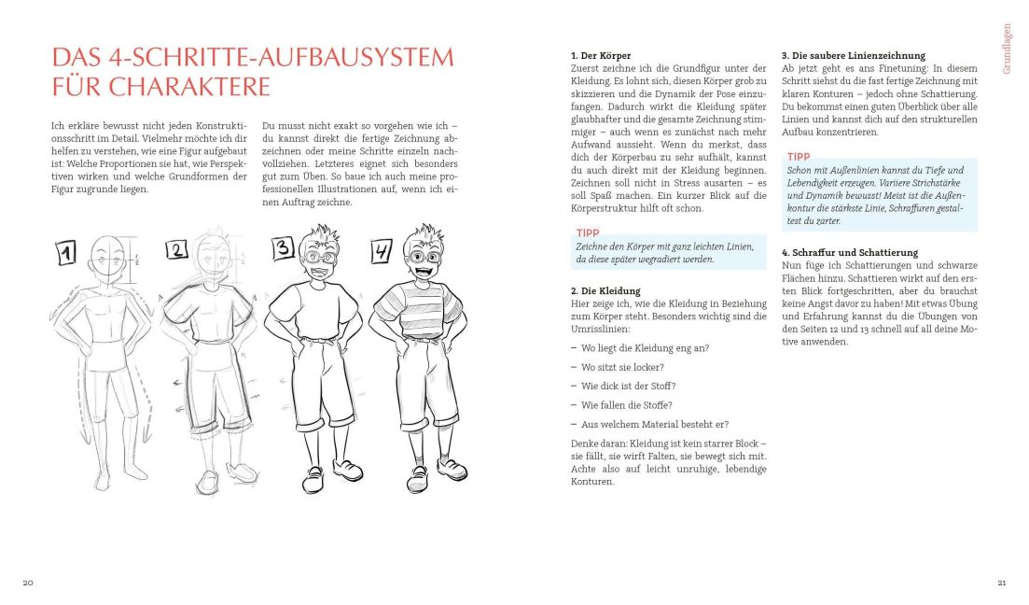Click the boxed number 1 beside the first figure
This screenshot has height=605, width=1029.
68,252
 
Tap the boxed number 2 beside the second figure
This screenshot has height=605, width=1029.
177,249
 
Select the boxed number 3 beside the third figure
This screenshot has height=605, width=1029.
284,248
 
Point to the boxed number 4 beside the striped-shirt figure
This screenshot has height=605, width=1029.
382,252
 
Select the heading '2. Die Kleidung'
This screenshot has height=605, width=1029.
606,291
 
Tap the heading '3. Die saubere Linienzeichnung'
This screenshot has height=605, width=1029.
853,56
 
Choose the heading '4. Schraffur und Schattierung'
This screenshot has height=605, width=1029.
849,253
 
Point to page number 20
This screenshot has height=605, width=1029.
28,583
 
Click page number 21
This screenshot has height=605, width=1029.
1001,583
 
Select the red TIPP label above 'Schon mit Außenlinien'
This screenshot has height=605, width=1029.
800,157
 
